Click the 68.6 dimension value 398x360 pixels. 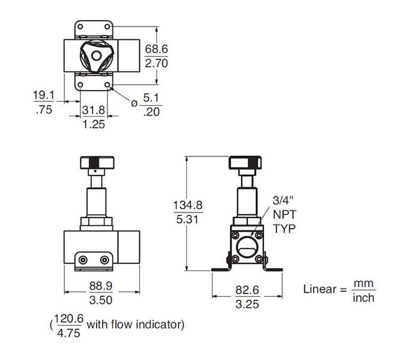pos(157,49)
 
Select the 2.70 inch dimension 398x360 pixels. pos(157,63)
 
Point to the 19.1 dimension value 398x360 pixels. pos(44,95)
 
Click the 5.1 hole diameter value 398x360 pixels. pos(152,99)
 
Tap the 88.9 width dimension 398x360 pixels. pos(101,286)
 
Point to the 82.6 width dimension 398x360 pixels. pos(247,291)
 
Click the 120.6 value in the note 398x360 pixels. pos(69,318)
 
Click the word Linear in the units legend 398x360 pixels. pos(320,290)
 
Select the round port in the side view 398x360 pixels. pos(246,246)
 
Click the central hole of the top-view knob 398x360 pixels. pos(95,55)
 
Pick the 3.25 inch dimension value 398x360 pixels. pos(247,305)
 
